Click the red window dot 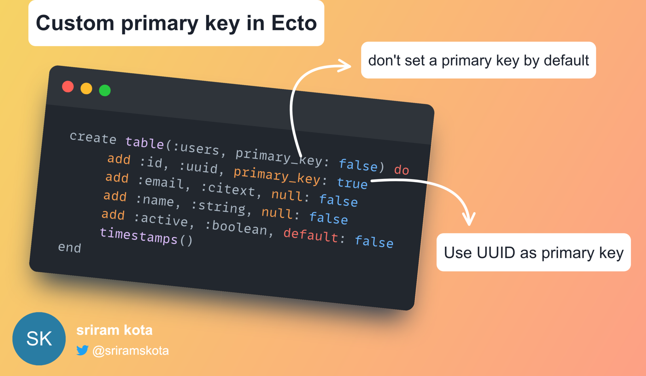click(x=68, y=87)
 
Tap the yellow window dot click(x=86, y=89)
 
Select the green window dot click(x=105, y=90)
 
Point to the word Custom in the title click(x=75, y=23)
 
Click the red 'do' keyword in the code click(x=402, y=170)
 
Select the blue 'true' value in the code click(x=352, y=183)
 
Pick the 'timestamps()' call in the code click(x=146, y=236)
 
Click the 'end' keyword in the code click(x=70, y=247)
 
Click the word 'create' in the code click(x=93, y=138)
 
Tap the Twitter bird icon click(x=82, y=350)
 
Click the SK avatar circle click(x=39, y=339)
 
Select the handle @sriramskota click(x=131, y=350)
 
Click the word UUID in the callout click(x=496, y=252)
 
